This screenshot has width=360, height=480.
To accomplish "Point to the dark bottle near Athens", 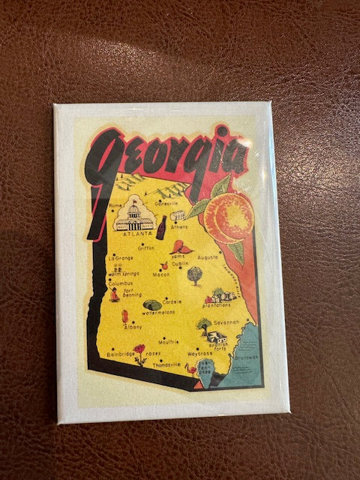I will click(x=161, y=226).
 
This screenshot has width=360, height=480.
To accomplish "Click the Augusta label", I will click(x=207, y=256).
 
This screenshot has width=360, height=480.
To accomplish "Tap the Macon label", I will click(x=161, y=274).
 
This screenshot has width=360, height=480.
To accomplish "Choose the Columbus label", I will click(x=120, y=283).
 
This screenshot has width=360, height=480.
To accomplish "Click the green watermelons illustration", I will click(x=152, y=305).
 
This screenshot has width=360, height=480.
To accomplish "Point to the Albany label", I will click(x=133, y=326).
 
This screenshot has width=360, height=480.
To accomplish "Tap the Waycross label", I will click(x=199, y=352).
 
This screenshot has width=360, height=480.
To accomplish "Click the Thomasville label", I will click(x=166, y=364).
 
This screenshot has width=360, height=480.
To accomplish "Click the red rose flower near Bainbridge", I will click(x=139, y=349).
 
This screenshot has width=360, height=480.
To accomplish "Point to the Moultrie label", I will click(x=169, y=341).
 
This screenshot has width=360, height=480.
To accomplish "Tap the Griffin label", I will click(x=146, y=248).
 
